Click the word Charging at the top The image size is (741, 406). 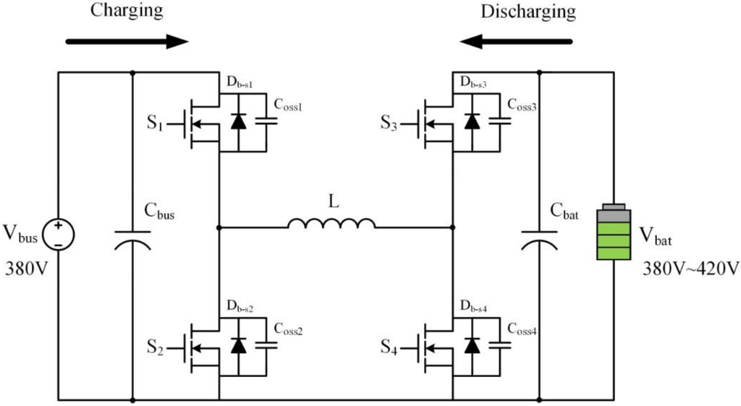coord(127,11)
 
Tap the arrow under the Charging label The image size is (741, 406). coord(127,41)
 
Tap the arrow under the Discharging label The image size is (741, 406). coord(521,41)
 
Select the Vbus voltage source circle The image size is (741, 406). coord(58,234)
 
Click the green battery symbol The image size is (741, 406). coord(613,234)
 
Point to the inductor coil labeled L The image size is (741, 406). coord(331,224)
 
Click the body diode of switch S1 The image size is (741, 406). coord(237,121)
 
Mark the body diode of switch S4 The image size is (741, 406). coord(472,345)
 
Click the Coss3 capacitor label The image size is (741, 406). coord(521,104)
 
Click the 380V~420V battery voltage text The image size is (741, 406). coord(690,268)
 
